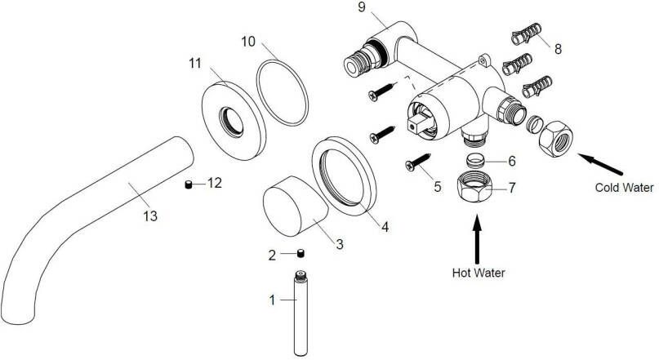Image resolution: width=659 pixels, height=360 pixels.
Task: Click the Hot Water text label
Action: click(479, 273)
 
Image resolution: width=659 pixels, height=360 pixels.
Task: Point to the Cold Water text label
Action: click(624, 188)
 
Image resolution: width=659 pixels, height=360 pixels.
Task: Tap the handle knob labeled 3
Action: click(294, 208)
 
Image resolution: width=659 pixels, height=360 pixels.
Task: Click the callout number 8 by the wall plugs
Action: click(557, 49)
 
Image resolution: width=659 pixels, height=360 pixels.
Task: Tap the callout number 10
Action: click(248, 41)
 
